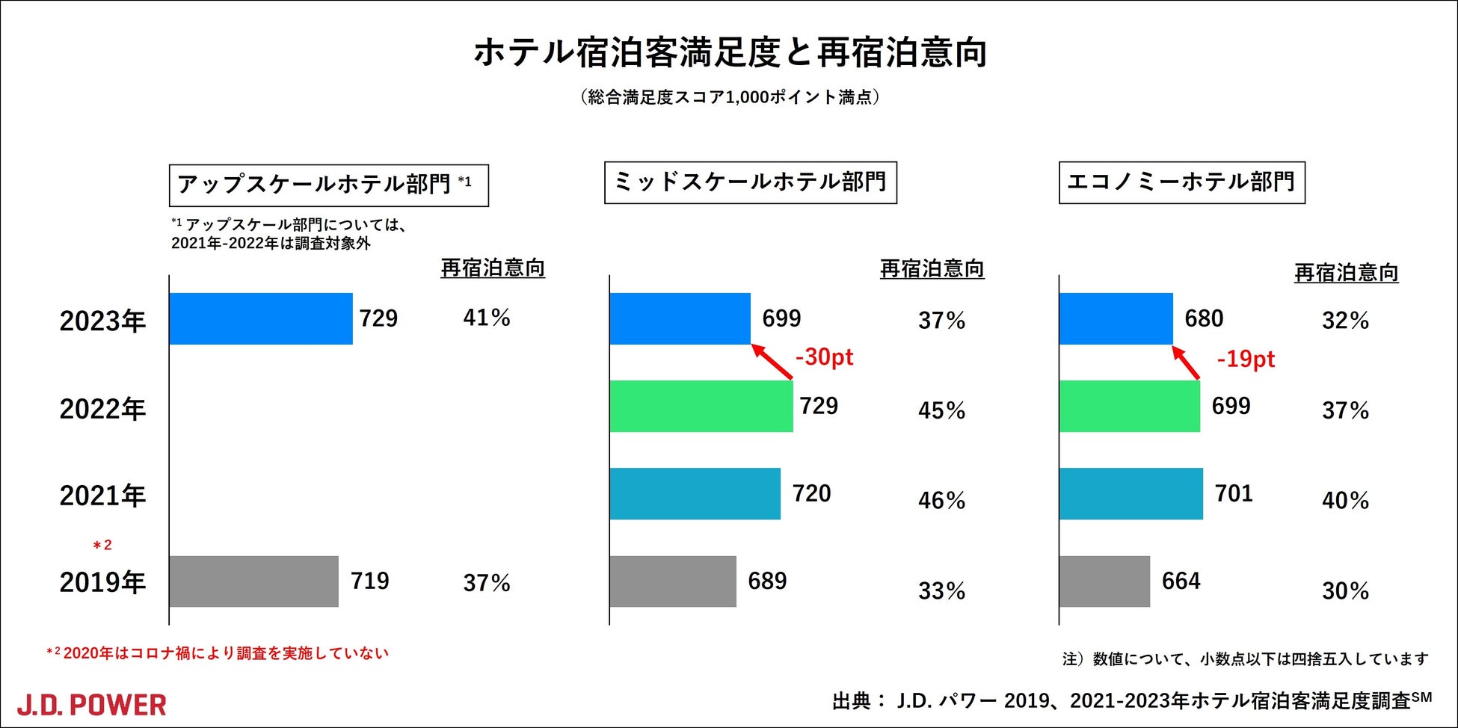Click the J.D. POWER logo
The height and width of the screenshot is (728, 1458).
click(91, 705)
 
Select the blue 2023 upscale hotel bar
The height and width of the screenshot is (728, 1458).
click(260, 318)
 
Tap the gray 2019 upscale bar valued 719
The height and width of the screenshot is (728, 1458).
click(253, 582)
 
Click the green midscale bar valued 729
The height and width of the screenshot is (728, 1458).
click(701, 406)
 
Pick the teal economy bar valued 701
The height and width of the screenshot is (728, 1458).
click(1131, 493)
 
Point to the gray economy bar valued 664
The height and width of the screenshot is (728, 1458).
click(1104, 582)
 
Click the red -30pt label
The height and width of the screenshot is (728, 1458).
click(824, 357)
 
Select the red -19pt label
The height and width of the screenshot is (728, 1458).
click(1246, 360)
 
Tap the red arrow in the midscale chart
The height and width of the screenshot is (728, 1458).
click(772, 362)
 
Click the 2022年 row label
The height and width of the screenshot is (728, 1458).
click(102, 409)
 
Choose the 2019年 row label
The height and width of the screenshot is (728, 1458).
click(102, 582)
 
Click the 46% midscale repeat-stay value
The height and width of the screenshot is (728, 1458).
click(941, 500)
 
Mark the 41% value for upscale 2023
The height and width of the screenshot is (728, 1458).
click(486, 318)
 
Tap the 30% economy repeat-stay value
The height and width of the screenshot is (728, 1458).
click(1345, 591)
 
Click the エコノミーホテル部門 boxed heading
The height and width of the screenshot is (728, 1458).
click(1181, 182)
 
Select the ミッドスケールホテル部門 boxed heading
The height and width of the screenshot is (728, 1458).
click(750, 182)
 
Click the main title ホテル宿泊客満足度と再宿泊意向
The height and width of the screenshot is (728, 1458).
click(730, 53)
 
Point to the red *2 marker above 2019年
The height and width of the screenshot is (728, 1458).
click(102, 546)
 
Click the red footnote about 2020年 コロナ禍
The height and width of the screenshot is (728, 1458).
click(218, 653)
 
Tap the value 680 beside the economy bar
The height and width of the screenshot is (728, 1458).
click(1204, 318)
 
